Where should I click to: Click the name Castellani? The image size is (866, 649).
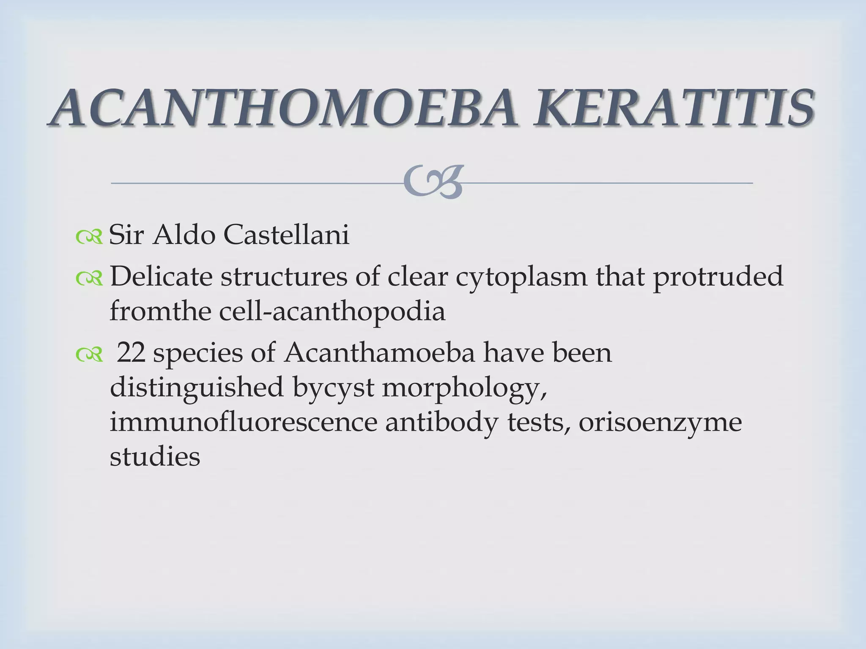[286, 235]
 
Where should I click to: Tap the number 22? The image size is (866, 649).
[131, 353]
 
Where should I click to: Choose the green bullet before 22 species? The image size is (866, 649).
[89, 356]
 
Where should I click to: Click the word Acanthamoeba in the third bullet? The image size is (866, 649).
[379, 353]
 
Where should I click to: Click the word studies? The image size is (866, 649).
[155, 457]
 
